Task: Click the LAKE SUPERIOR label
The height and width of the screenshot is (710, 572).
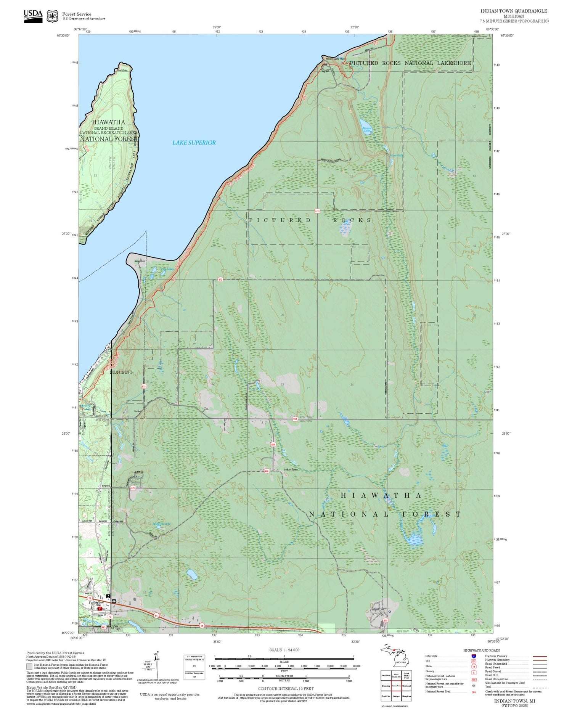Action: tap(194, 143)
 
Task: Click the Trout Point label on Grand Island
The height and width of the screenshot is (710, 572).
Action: tap(122, 70)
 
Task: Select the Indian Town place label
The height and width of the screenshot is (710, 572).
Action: tap(291, 469)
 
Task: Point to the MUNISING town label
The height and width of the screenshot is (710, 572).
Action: tap(121, 372)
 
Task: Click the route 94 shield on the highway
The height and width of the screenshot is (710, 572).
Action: tap(156, 615)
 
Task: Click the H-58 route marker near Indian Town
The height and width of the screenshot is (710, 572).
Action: tap(295, 419)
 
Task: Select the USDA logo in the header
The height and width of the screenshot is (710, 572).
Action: tap(33, 16)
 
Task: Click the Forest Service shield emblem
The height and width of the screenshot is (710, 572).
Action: tap(52, 16)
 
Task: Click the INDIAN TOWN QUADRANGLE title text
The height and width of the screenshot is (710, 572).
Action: tap(513, 11)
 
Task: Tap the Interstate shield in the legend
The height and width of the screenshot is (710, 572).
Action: tap(474, 656)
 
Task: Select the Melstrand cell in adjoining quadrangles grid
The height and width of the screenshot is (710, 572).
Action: tap(406, 686)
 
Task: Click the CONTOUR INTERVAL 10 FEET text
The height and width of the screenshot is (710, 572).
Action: tap(286, 689)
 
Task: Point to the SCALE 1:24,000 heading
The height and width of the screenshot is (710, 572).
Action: tap(284, 650)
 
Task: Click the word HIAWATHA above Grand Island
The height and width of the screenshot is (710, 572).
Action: tap(108, 122)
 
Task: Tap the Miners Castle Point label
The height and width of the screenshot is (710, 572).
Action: tap(335, 59)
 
